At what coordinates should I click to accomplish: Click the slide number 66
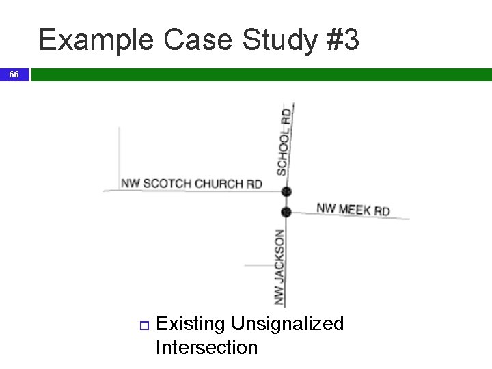point(14,74)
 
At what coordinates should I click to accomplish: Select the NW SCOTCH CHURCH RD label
point(191,183)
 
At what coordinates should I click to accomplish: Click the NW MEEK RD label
point(353,209)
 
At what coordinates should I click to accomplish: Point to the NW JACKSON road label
point(279,266)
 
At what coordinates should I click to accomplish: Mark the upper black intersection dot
point(286,191)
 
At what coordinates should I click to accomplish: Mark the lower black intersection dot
point(286,212)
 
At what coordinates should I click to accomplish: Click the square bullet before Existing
point(143,324)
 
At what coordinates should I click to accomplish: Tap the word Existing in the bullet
point(191,323)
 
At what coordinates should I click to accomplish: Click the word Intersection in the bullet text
point(206,347)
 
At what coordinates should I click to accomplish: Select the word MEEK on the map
point(354,209)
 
